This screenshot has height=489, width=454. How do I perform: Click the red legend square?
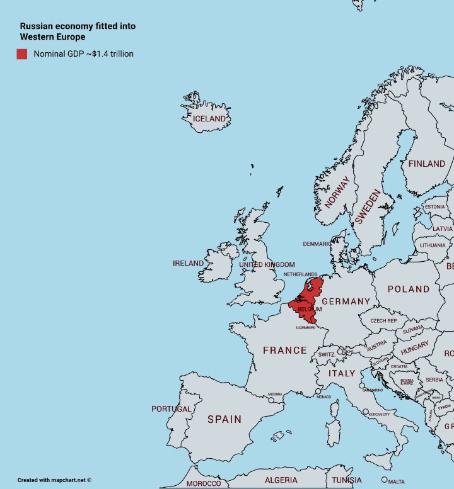[22, 54]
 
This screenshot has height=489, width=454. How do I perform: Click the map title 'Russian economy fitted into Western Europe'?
[78, 31]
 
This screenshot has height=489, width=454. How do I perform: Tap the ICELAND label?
[209, 119]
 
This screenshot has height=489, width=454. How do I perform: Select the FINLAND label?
[427, 164]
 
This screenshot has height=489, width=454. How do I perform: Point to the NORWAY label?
[337, 192]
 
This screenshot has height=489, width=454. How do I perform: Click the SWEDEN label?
[368, 208]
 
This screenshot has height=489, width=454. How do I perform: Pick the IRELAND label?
[189, 264]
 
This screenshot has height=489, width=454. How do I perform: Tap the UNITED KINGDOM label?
[267, 265]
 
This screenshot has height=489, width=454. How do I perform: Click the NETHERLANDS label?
[301, 275]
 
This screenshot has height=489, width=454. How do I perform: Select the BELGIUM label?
[309, 310]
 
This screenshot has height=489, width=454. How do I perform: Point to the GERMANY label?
[346, 301]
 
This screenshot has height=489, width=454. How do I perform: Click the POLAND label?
[409, 289]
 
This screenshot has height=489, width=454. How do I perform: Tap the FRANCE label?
[285, 351]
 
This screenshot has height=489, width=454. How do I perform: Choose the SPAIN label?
[224, 419]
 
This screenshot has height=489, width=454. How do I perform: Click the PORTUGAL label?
[172, 409]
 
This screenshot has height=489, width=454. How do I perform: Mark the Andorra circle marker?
[272, 400]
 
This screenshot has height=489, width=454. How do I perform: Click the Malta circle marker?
[384, 480]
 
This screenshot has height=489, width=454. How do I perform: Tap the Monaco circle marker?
[318, 391]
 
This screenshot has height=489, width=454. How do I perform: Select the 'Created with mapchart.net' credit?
[54, 480]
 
